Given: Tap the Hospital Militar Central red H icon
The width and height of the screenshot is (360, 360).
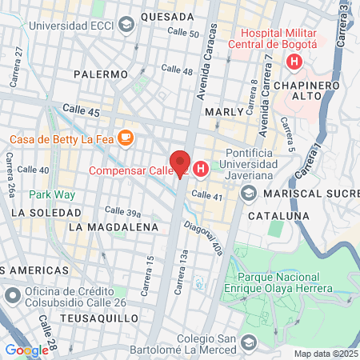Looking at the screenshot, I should (x=295, y=61).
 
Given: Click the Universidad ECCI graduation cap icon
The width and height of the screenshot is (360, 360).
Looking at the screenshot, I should (x=126, y=26).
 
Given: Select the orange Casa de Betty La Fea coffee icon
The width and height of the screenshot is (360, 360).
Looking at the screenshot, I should (x=126, y=138).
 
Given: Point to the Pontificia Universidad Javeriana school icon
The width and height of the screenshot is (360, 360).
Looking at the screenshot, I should (x=249, y=194).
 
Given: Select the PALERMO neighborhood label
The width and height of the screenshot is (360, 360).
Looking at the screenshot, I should (x=100, y=74).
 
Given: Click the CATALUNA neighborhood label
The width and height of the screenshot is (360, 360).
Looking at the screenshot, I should (x=278, y=216).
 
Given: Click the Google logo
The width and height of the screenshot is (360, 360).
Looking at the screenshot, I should (x=26, y=350).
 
